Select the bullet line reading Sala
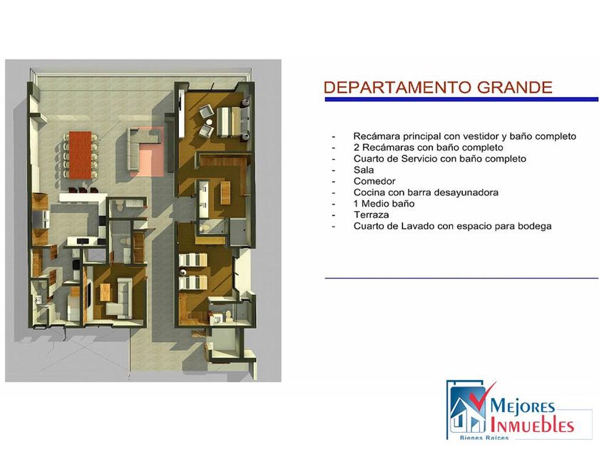(364, 170)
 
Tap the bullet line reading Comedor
(374, 181)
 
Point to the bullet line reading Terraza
(372, 215)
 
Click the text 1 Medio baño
(384, 204)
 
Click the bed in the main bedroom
(229, 121)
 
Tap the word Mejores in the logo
(522, 406)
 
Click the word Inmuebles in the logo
(532, 425)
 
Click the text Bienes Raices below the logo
(484, 438)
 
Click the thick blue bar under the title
(461, 100)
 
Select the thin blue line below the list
(461, 278)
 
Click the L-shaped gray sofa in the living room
(140, 147)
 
